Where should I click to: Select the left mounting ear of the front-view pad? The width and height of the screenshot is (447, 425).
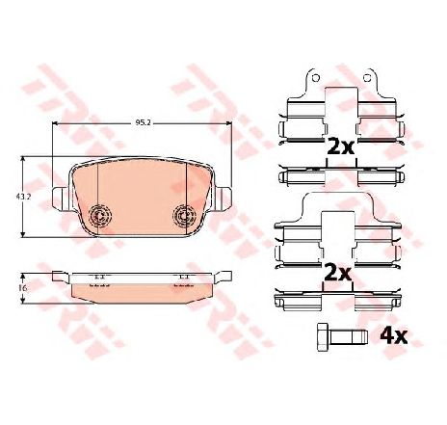coord(60,199)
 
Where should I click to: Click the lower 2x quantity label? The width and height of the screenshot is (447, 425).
coord(338,272)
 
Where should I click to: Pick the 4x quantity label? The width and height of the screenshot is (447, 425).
coord(394,336)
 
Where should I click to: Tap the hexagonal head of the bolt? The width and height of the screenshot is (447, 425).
coord(322,336)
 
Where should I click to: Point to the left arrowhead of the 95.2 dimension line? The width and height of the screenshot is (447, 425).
coord(54,125)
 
